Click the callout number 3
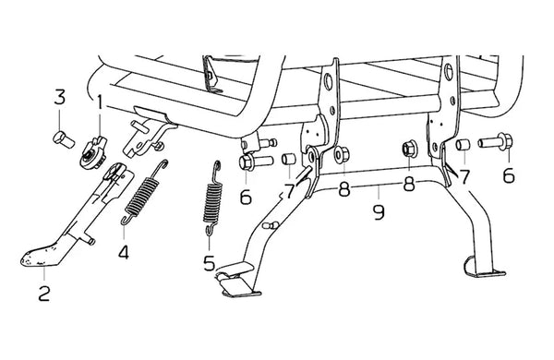(x=60, y=97)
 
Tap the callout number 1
(x=100, y=102)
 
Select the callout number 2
(x=44, y=294)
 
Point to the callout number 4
(x=124, y=252)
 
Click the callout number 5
(x=210, y=263)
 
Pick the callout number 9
(x=379, y=212)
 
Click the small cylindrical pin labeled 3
(x=64, y=139)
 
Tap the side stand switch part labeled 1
(x=93, y=152)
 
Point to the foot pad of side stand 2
(x=41, y=255)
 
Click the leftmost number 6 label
(x=246, y=197)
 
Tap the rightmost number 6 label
(x=509, y=175)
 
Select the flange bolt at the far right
(x=496, y=142)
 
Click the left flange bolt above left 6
(x=256, y=162)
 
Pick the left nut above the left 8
(x=342, y=154)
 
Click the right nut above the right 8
(x=409, y=149)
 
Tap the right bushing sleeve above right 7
(x=463, y=145)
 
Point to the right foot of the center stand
(x=483, y=268)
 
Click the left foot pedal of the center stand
(x=236, y=279)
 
